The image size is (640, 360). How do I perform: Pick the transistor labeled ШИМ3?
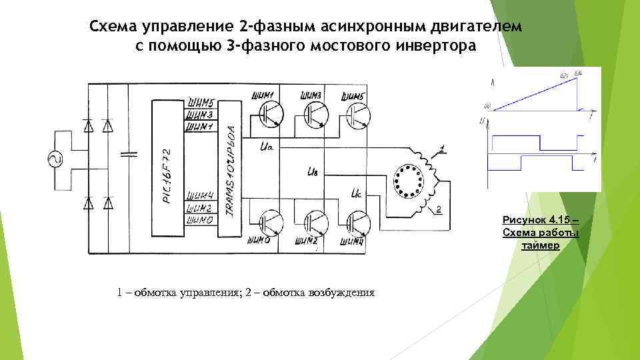coord(315,114)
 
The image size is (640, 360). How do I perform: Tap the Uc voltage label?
coord(356,195)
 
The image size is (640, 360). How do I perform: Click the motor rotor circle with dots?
coord(409,181)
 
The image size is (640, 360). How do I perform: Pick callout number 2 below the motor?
coord(440,210)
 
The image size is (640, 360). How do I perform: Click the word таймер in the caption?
coord(541,245)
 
